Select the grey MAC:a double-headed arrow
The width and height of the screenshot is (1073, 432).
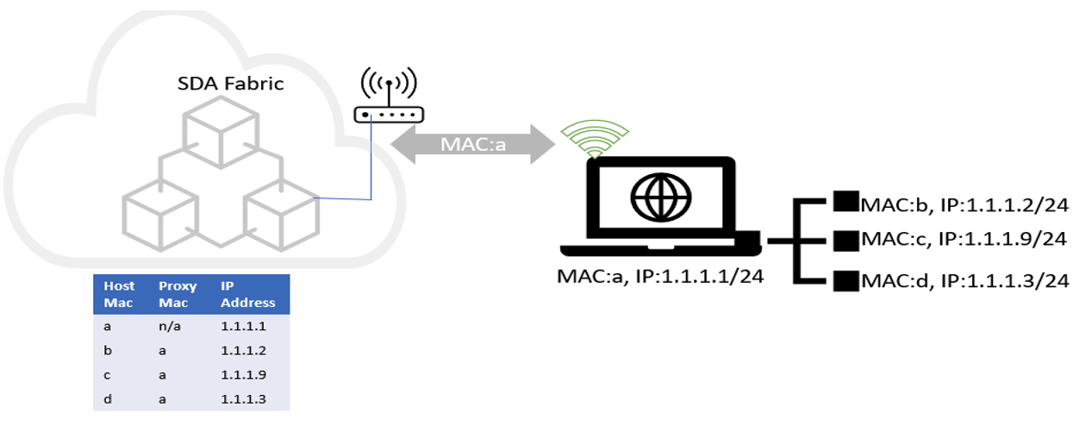click(472, 142)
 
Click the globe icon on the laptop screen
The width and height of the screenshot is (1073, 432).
click(660, 196)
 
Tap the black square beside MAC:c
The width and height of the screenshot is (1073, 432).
click(842, 238)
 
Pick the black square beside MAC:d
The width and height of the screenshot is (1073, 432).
click(842, 279)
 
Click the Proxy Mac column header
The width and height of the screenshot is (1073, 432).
click(178, 294)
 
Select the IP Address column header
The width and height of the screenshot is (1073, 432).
click(247, 294)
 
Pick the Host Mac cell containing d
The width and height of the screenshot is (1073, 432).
click(107, 399)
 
